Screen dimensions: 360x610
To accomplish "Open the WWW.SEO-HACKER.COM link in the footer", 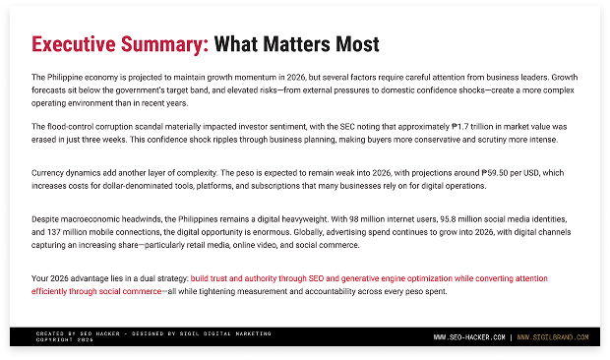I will pos(469,337).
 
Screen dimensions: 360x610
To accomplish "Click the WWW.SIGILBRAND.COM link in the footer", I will pos(558,337).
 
